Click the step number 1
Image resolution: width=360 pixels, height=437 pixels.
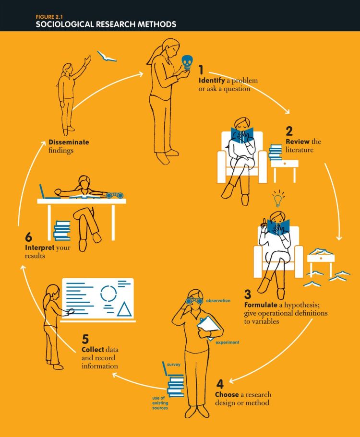(202, 71)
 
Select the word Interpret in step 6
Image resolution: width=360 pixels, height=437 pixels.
(40, 248)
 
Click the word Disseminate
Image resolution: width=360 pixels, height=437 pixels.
(69, 142)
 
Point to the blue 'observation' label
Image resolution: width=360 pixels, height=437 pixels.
(218, 301)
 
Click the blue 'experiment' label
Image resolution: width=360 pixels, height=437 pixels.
(227, 343)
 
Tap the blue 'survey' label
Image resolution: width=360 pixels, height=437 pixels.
(174, 365)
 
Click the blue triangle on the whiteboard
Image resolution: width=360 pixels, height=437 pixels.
(124, 309)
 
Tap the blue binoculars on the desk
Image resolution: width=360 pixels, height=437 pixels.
(115, 195)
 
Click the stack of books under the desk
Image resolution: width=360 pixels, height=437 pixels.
(62, 231)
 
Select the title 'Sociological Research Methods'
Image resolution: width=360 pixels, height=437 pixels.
(106, 24)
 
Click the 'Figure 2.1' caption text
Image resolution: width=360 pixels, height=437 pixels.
(49, 16)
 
